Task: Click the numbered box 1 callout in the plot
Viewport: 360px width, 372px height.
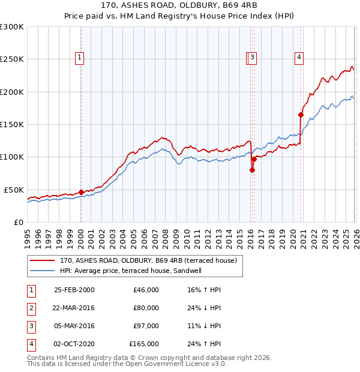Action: pos(80,58)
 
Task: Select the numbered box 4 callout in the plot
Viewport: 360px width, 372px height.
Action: pos(299,58)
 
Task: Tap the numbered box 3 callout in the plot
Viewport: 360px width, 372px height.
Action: pos(253,58)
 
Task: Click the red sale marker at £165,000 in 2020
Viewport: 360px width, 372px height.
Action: pos(301,115)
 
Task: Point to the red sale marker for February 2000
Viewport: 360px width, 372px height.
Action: pos(82,192)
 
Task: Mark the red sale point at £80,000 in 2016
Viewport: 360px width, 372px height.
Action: pos(252,170)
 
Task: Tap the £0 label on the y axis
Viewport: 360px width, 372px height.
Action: pos(18,222)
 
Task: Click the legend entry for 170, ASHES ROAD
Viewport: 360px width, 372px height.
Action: pos(149,260)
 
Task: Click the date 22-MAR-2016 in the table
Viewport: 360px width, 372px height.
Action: pos(74,308)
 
